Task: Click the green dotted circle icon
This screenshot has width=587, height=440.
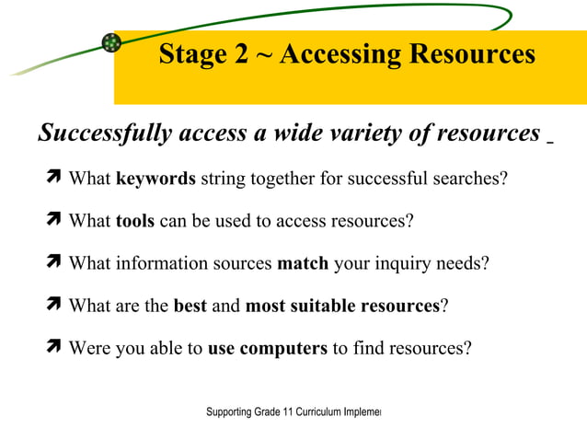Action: [111, 42]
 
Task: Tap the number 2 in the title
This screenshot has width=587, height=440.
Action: [240, 54]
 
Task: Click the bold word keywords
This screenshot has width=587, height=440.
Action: [155, 179]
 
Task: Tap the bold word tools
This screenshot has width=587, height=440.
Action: [135, 221]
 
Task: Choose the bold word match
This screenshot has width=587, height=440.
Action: [303, 263]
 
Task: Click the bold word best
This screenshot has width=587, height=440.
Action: [190, 306]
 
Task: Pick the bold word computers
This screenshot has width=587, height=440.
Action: [283, 348]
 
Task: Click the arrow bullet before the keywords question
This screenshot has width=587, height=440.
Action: [53, 178]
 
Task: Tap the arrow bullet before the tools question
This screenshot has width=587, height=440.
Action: [53, 220]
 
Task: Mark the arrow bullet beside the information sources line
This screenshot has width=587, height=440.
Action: [53, 262]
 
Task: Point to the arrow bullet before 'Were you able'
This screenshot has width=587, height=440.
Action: [53, 347]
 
